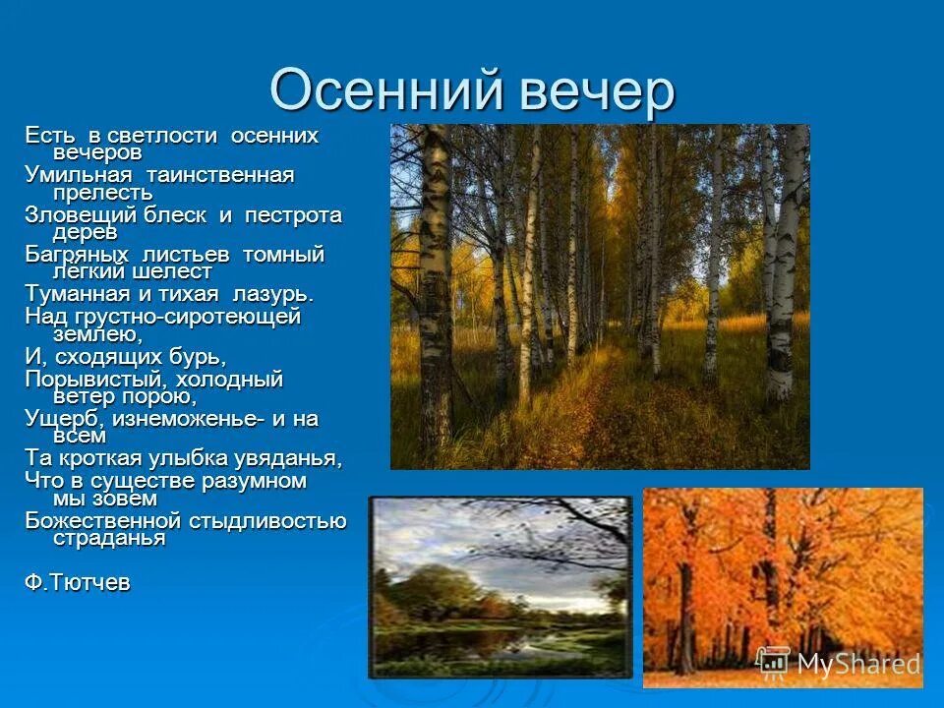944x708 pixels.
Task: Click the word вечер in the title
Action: [585, 91]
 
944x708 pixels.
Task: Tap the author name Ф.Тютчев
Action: [77, 582]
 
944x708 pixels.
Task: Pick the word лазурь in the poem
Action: [273, 294]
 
